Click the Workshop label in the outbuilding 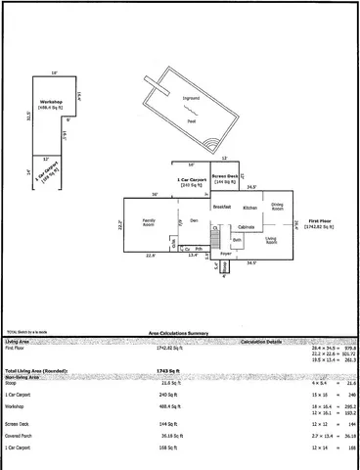click(51, 105)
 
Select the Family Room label click(151, 224)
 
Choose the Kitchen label click(250, 208)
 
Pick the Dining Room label click(278, 208)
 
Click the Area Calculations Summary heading click(179, 333)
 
